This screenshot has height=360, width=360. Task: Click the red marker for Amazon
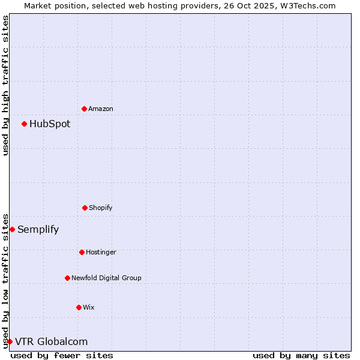coord(84,109)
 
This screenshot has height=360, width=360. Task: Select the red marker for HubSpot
coord(24,124)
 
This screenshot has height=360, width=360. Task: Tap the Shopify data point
coord(85,208)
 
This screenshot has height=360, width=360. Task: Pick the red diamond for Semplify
coord(12,229)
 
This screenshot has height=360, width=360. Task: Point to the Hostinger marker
coord(82,252)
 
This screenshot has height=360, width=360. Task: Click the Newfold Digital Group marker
coord(67,278)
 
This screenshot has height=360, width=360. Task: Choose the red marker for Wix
coord(79,307)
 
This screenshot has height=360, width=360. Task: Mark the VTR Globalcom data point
coord(10,341)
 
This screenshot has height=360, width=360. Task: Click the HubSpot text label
coord(50,124)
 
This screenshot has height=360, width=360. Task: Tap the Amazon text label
coord(101,109)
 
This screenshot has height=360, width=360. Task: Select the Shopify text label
coord(101,208)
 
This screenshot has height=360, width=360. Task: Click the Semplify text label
coord(38,229)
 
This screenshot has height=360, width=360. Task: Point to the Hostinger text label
coord(101,252)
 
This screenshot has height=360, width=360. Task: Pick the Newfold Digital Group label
coord(106,278)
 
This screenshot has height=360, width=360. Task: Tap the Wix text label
coord(89,307)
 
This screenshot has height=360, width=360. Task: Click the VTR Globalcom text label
coord(51,341)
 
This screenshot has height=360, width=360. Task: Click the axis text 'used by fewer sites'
coord(62,355)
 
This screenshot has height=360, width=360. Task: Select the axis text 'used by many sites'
coord(301,355)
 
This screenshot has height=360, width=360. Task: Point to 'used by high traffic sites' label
coord(5,85)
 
